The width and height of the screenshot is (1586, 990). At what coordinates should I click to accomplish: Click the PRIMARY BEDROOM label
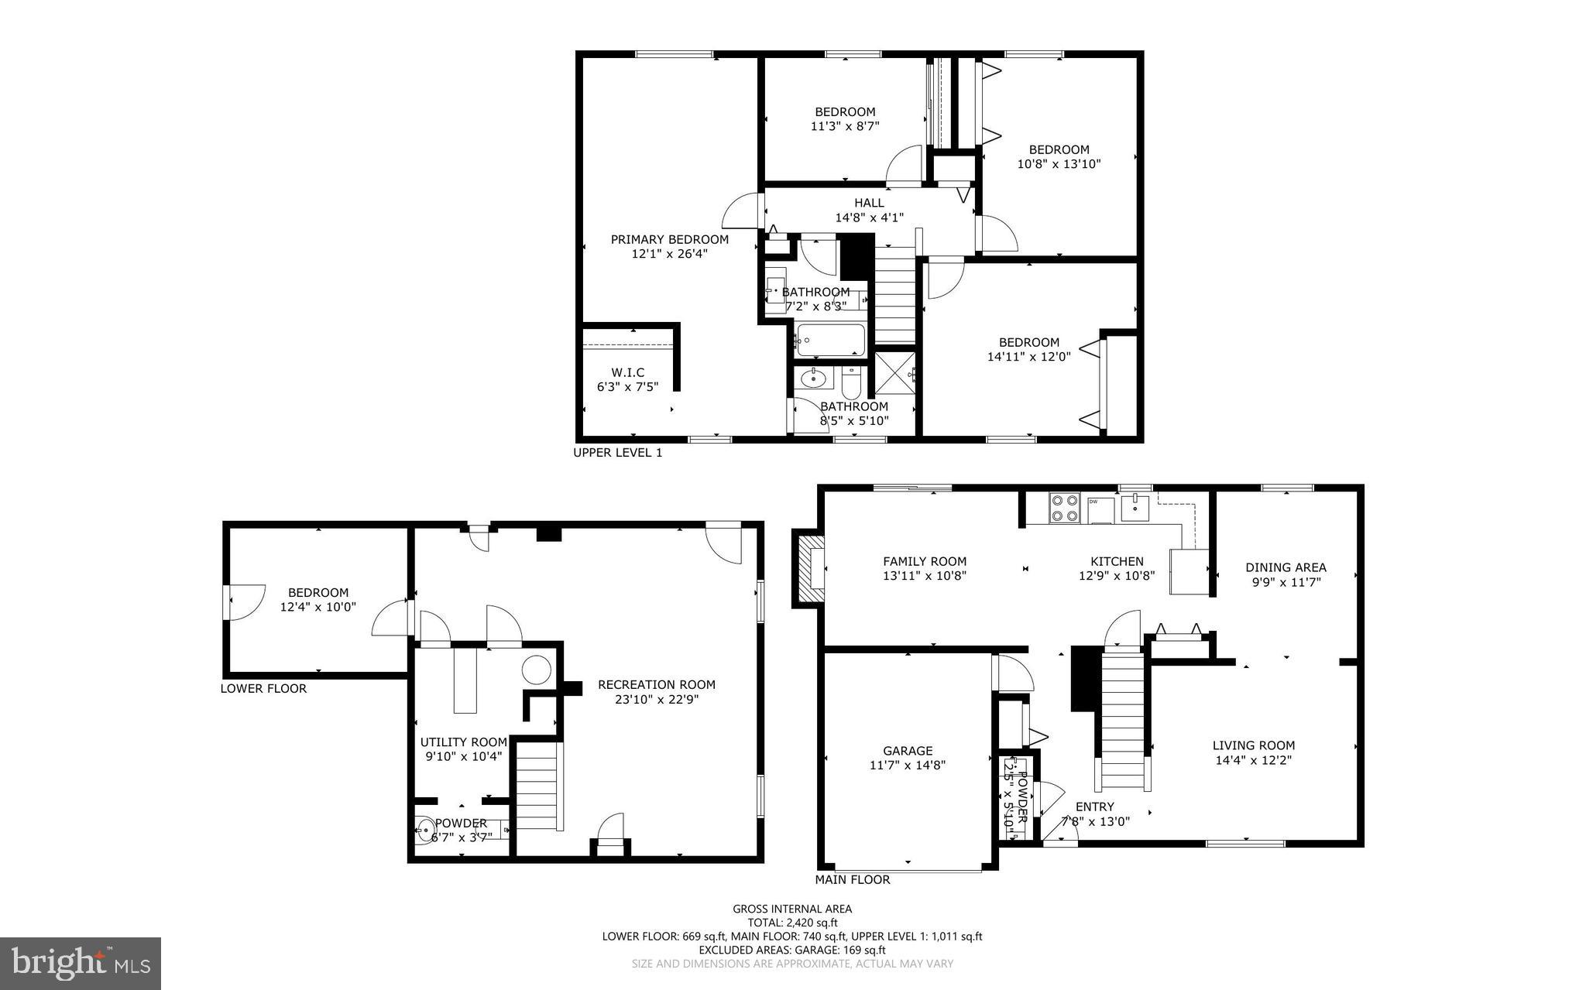coord(669,239)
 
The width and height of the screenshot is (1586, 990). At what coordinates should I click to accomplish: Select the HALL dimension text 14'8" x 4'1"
coord(869,218)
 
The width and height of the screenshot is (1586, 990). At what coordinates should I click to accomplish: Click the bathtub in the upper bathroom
coord(830,341)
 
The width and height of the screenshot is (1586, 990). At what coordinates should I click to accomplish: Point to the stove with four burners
coord(1064,508)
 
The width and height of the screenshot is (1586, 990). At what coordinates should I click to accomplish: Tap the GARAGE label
coord(908,750)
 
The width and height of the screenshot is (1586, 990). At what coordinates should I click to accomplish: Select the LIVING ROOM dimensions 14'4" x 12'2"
coord(1253,760)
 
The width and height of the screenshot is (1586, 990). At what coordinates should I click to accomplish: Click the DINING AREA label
coord(1286,567)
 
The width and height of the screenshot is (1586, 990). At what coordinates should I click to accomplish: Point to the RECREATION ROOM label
coord(656,684)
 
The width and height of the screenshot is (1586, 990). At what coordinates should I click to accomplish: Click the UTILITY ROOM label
coord(463,742)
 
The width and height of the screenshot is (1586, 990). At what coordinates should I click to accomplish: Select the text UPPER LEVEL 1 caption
coord(617,453)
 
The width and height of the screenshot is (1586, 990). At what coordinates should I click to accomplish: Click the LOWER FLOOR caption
coord(263,688)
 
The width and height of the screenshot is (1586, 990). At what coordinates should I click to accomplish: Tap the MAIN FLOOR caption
coord(852,879)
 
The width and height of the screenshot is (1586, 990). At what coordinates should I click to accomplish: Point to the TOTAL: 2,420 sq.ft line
coord(792,922)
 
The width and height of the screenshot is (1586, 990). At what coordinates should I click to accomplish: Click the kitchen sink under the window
coord(1135,508)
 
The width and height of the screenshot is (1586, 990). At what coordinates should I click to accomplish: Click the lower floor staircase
coord(537,785)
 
